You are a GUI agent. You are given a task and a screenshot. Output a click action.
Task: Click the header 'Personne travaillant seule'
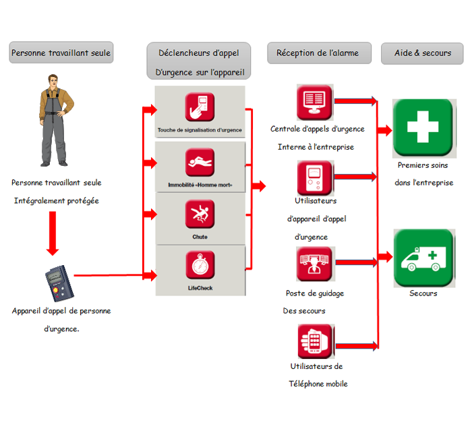point(61,53)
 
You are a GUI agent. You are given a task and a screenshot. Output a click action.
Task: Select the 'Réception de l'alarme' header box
point(318,53)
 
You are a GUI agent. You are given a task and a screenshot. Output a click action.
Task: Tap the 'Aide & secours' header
point(422,53)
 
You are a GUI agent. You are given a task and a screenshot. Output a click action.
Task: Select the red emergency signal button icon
point(200,107)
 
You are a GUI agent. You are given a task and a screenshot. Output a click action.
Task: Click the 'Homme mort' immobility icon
point(200,163)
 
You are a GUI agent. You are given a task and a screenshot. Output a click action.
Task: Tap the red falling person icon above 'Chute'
point(200,214)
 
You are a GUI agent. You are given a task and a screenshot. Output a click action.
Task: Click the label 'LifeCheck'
point(200,289)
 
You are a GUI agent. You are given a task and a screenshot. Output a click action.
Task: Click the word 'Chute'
point(200,237)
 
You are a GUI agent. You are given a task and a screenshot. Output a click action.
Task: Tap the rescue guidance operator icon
point(315,264)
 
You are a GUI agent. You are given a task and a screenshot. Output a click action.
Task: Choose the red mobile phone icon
point(315,341)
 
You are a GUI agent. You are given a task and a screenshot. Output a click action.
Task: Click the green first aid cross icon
point(423,122)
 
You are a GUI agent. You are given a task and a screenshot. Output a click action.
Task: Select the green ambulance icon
point(423,258)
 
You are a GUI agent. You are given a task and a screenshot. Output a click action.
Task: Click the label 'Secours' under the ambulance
point(423,293)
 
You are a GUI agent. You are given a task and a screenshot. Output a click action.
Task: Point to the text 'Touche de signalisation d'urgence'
point(200,130)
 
